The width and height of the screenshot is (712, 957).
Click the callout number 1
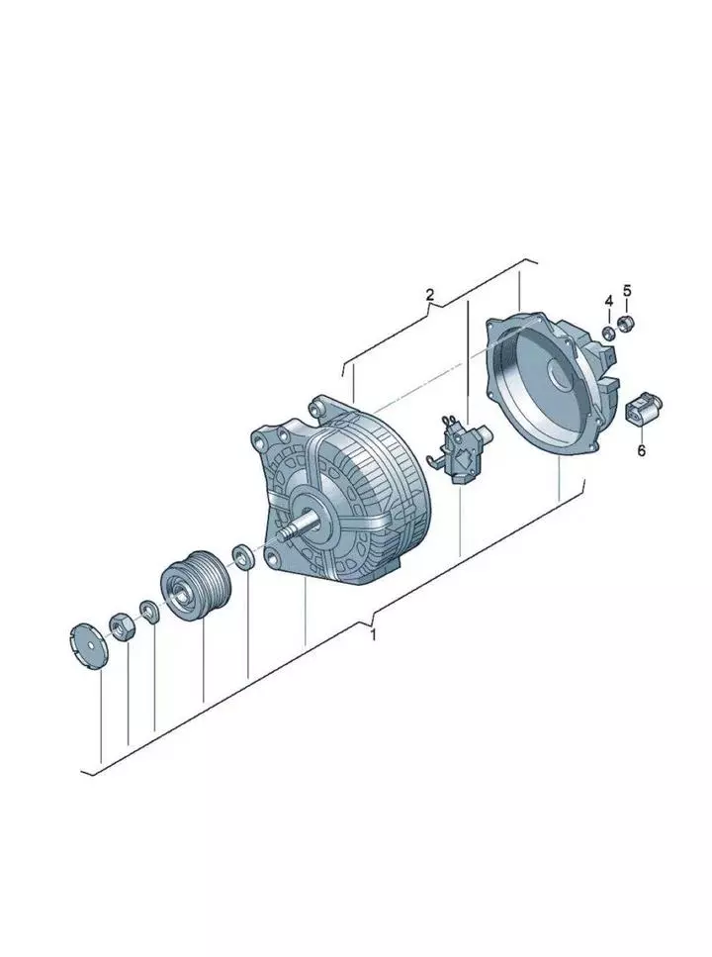[374, 634]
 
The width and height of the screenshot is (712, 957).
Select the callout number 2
[429, 295]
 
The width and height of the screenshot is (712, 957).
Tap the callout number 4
[608, 302]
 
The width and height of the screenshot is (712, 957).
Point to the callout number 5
[627, 291]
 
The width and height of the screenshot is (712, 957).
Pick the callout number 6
[641, 451]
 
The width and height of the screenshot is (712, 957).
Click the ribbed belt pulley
[195, 585]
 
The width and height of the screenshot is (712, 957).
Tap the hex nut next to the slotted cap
[122, 627]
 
